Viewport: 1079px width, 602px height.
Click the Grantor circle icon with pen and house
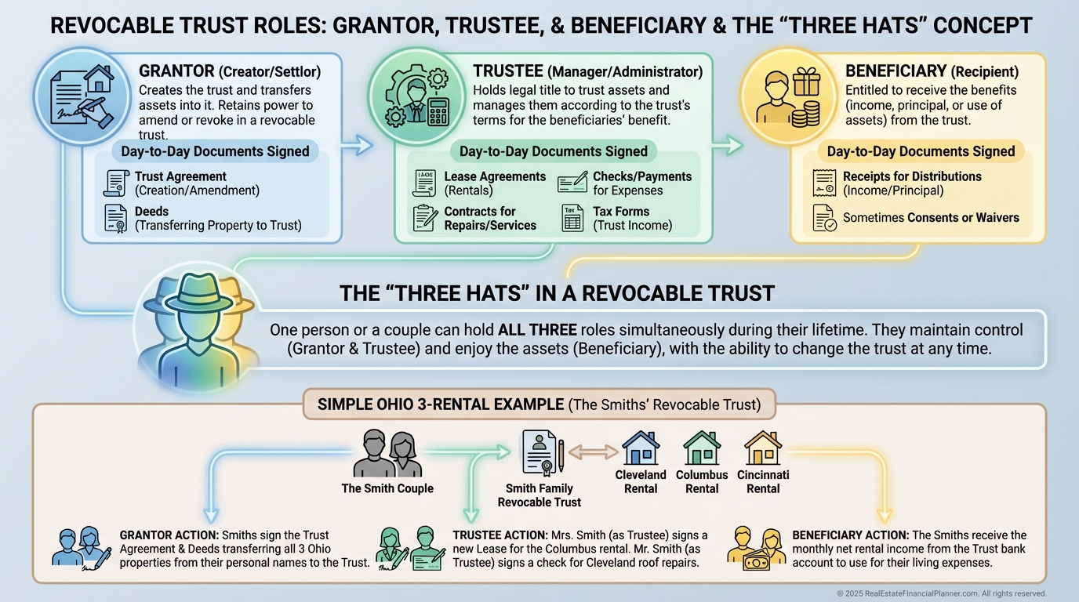pyautogui.click(x=81, y=98)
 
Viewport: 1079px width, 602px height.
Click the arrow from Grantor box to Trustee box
pyautogui.click(x=361, y=144)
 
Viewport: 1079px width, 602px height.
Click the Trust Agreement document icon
pyautogui.click(x=116, y=183)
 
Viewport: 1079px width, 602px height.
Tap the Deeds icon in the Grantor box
pyautogui.click(x=116, y=218)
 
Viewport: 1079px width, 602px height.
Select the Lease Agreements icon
pyautogui.click(x=424, y=183)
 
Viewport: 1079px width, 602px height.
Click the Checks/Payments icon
pyautogui.click(x=572, y=183)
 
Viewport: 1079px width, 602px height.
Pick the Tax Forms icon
pyautogui.click(x=573, y=218)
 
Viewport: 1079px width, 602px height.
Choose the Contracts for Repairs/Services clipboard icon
pyautogui.click(x=425, y=218)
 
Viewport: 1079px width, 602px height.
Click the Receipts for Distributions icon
pyautogui.click(x=823, y=183)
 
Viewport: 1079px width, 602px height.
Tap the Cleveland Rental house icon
pyautogui.click(x=640, y=448)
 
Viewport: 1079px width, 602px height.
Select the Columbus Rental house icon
pyautogui.click(x=702, y=448)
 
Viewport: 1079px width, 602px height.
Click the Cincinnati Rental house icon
pyautogui.click(x=763, y=448)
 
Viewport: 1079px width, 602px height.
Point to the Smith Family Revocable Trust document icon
pyautogui.click(x=539, y=453)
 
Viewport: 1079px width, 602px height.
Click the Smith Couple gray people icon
pyautogui.click(x=387, y=455)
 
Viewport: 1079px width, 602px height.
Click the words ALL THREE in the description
pyautogui.click(x=537, y=330)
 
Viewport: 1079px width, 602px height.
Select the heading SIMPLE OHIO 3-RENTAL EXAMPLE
pyautogui.click(x=440, y=404)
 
